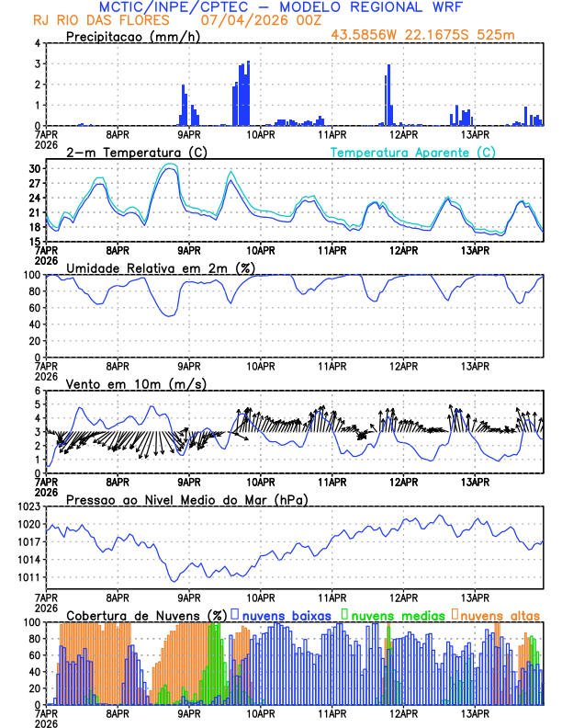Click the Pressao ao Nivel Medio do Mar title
point(185,499)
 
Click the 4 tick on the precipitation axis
point(37,43)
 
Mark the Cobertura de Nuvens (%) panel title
point(146,615)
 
